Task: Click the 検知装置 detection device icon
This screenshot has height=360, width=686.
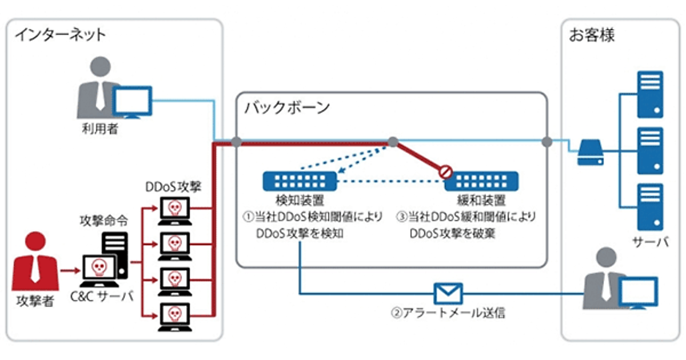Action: tap(300, 181)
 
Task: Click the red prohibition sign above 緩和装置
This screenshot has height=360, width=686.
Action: tap(445, 170)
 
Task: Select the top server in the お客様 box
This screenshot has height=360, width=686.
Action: tap(651, 94)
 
